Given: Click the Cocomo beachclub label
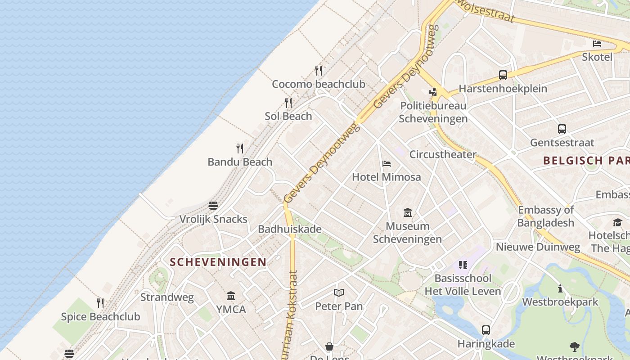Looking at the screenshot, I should click(319, 84).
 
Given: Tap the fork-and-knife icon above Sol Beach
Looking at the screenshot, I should click(288, 103).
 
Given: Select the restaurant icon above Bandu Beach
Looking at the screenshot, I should click(240, 148).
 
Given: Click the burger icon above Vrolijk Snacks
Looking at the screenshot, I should click(213, 206).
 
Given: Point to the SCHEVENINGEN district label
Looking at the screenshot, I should click(218, 262).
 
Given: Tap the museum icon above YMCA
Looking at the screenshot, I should click(231, 296).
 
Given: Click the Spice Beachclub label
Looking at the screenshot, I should click(100, 316).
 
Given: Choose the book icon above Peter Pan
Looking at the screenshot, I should click(339, 293).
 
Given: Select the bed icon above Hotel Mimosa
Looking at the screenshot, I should click(387, 164).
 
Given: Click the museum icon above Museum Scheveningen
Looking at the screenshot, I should click(408, 212).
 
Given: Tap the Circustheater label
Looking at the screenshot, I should click(443, 154).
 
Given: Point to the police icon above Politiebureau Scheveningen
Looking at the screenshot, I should click(433, 92).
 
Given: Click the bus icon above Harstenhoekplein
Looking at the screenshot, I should click(503, 75).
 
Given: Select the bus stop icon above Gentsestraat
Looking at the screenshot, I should click(562, 129).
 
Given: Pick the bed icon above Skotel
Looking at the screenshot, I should click(597, 44).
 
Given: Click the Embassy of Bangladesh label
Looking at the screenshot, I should click(546, 216).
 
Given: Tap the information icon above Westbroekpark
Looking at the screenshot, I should click(560, 288).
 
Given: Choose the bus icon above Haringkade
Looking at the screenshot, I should click(486, 330).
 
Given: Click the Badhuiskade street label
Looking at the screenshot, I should click(290, 229).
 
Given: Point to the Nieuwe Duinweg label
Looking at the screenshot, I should click(538, 247).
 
